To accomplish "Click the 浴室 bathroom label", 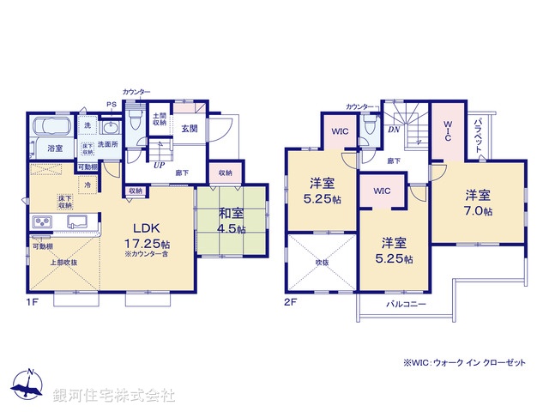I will point(55,148).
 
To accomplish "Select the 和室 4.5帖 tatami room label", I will point(230,221).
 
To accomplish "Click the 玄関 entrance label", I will point(189,129).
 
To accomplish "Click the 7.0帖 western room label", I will point(478,203).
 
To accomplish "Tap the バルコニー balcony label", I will point(406,305).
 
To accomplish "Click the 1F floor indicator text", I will point(32,303).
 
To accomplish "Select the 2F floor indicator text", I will point(293,303).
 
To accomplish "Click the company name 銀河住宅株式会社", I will point(113,396).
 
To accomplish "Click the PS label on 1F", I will point(111,106).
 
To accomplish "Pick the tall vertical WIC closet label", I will point(446,130).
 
